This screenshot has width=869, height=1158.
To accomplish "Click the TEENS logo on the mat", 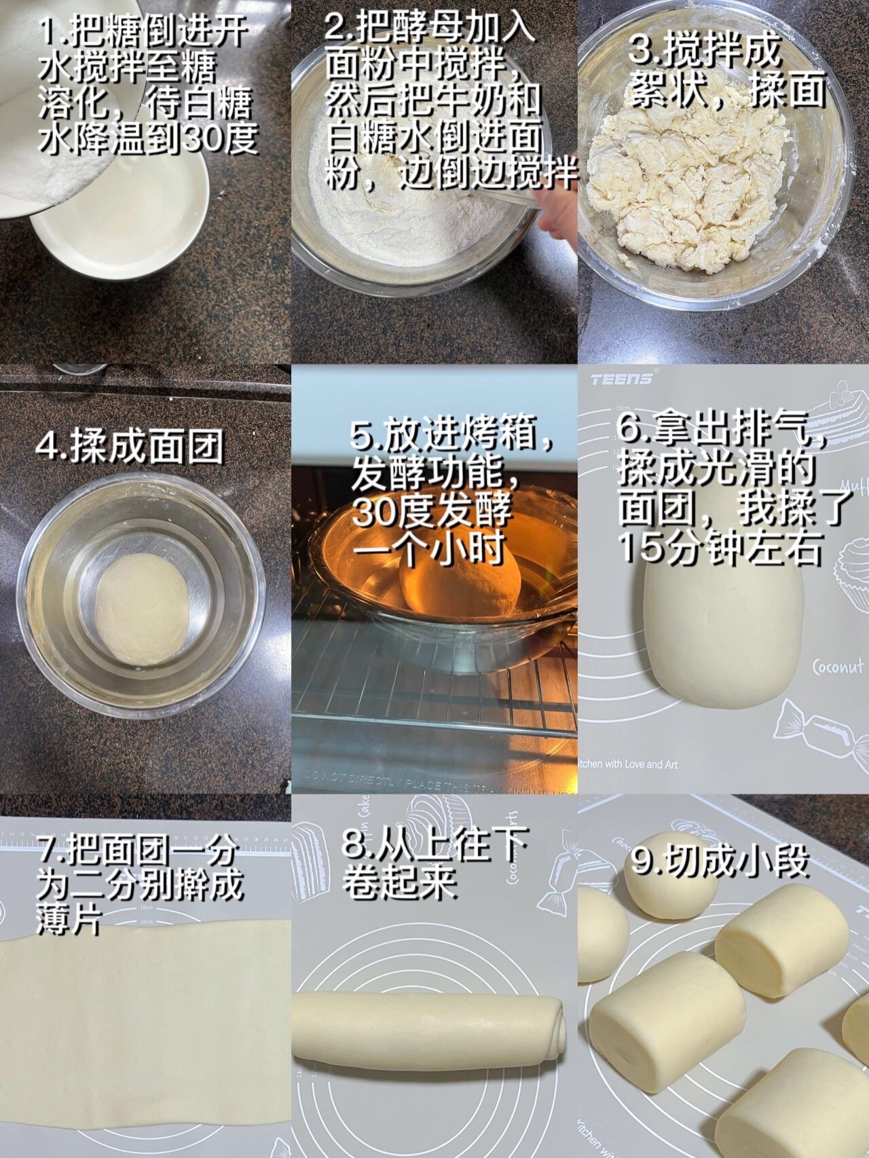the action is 622,378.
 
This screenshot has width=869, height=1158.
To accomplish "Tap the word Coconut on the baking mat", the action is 838,667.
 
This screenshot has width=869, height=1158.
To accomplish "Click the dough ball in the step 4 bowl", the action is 143,610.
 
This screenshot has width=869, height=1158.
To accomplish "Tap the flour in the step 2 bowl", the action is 407,204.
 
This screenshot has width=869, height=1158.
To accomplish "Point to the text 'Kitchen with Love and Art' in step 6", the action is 627,764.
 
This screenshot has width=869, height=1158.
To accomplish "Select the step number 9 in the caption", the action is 642,861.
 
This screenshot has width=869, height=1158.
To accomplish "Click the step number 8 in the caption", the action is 354,846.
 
